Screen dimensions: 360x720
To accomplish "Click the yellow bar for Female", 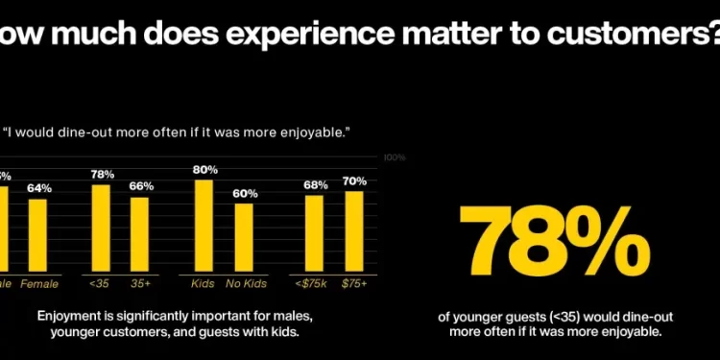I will (37, 235).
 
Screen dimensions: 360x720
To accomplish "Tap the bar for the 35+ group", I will (140, 234).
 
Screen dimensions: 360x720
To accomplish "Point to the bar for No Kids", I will (245, 238).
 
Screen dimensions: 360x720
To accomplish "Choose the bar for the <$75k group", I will (314, 233).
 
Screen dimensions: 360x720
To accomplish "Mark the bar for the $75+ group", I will (353, 231).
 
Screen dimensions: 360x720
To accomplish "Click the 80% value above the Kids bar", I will (204, 170).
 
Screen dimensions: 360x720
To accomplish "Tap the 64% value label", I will (38, 188).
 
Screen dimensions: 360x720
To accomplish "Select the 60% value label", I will (245, 194).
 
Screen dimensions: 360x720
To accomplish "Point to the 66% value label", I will (141, 186).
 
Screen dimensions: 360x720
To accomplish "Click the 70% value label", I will (354, 181).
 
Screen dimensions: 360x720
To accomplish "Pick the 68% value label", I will (315, 185).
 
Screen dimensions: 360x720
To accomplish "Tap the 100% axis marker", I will (395, 157).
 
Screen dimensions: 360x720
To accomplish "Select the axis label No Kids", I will (245, 285).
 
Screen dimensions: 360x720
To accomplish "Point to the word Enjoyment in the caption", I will (70, 316).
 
